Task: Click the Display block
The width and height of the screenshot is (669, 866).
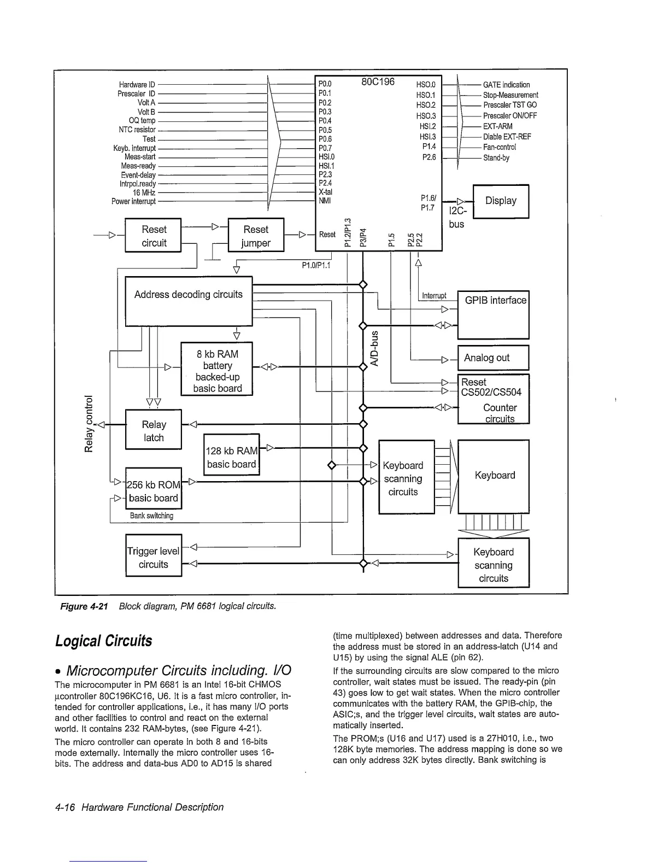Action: [501, 201]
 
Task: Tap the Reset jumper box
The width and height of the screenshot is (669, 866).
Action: [256, 236]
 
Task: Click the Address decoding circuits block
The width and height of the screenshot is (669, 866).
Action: [189, 301]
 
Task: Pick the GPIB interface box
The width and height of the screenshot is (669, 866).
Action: [493, 315]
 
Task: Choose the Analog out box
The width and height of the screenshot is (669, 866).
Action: [493, 358]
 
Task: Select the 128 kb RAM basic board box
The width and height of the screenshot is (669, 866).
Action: [231, 455]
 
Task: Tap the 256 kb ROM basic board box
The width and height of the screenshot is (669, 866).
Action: [153, 488]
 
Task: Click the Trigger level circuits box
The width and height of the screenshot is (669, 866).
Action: [153, 555]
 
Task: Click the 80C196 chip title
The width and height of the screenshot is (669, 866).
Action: [378, 83]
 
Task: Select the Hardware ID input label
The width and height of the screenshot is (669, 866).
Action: [137, 85]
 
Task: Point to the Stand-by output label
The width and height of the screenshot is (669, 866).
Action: [496, 158]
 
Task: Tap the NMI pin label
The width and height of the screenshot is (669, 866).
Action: [325, 201]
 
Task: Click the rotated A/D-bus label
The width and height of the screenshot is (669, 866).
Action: [374, 348]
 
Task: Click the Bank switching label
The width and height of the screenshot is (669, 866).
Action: [151, 516]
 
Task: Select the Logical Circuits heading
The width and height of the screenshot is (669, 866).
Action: [104, 640]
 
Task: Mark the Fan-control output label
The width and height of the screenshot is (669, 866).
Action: [500, 147]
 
